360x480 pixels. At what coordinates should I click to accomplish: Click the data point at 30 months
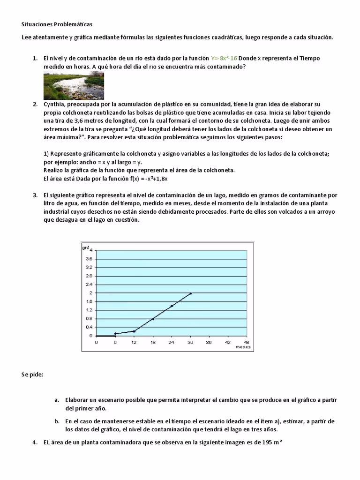(190, 293)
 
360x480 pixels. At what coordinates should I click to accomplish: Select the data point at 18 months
(153, 319)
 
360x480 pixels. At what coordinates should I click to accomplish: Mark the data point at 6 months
(115, 333)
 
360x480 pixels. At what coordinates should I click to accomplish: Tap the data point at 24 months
(172, 306)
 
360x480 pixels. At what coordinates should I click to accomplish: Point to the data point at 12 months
(134, 331)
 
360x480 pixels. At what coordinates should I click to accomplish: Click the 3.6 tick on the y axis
(89, 259)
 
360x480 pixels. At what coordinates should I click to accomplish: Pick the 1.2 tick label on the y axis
(89, 310)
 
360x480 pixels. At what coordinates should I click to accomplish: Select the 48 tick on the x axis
(247, 342)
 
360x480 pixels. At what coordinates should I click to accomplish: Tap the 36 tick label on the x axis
(209, 342)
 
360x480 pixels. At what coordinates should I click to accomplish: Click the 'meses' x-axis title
(243, 347)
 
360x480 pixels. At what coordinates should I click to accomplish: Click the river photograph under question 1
(74, 86)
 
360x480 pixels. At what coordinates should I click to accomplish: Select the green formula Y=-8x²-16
(224, 58)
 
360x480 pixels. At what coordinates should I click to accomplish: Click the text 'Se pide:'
(32, 375)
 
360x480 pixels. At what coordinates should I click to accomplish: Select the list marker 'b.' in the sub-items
(57, 421)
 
